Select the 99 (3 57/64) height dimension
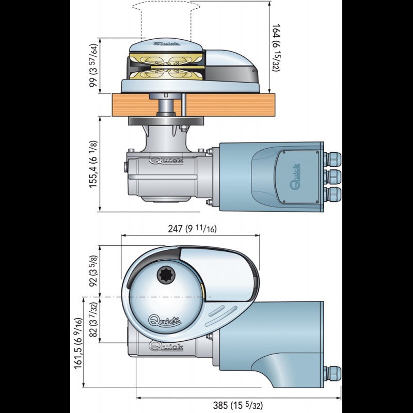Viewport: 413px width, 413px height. click(93, 66)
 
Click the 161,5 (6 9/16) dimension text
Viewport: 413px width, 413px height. click(78, 342)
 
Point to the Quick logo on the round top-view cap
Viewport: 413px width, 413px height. click(165, 320)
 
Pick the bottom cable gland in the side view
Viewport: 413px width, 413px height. click(334, 195)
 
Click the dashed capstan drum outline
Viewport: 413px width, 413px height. click(163, 18)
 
